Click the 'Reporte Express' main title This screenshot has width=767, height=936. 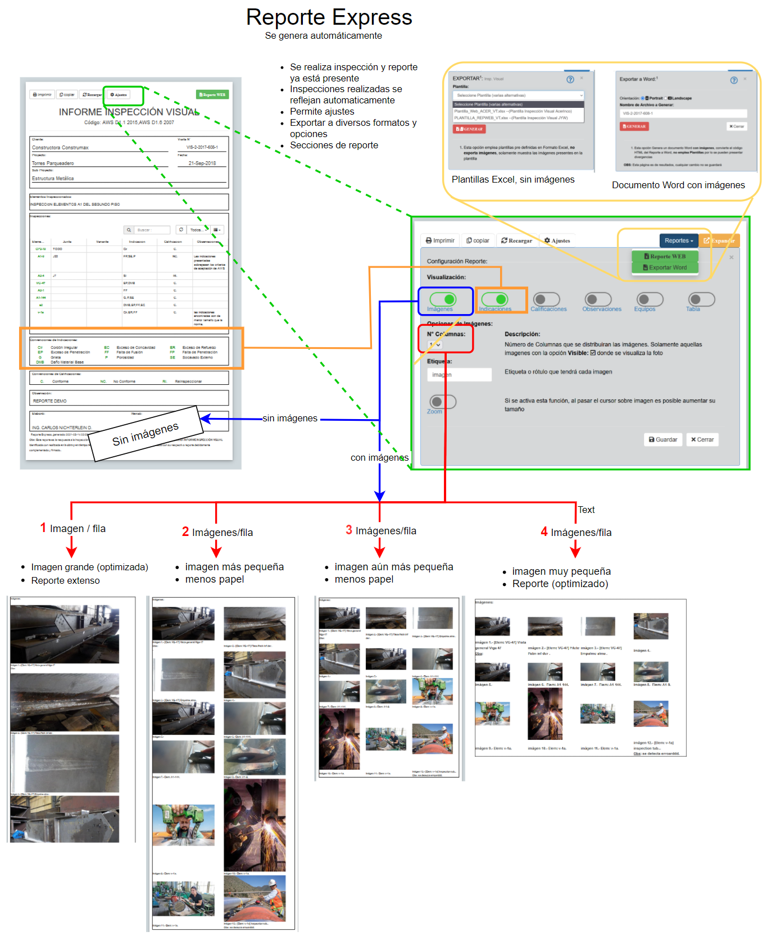point(329,17)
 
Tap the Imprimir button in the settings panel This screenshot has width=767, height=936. point(440,240)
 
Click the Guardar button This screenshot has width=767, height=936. point(663,439)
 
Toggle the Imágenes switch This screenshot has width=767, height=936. point(443,299)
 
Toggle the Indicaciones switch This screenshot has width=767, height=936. point(495,299)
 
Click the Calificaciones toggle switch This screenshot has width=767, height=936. point(546,299)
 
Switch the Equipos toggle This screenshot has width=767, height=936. point(650,299)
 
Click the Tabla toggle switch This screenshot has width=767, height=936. point(701,299)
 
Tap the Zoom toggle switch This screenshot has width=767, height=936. point(443,402)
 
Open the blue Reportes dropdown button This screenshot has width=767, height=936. point(679,240)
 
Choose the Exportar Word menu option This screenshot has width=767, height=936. point(665,267)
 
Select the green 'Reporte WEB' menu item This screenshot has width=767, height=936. point(665,256)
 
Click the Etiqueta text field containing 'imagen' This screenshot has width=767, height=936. point(459,375)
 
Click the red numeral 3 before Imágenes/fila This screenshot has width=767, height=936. point(349,530)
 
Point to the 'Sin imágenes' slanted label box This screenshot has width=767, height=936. point(145,434)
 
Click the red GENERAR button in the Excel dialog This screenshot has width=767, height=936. point(469,129)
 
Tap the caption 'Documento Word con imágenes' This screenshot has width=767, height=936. point(678,185)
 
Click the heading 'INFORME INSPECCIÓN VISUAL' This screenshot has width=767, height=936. point(129,112)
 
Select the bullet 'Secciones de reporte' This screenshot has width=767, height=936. point(334,145)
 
